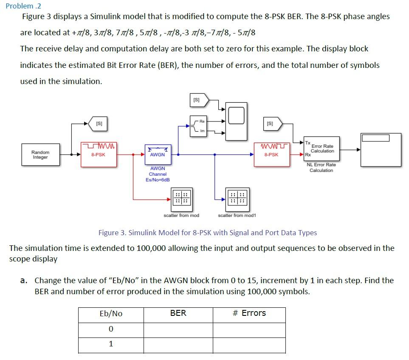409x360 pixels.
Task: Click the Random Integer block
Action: (x=40, y=155)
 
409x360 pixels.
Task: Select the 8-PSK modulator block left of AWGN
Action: (x=99, y=155)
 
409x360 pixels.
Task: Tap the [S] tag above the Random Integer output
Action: (x=98, y=124)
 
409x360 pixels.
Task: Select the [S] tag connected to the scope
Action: (x=197, y=100)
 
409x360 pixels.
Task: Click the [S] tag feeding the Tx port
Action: (x=271, y=124)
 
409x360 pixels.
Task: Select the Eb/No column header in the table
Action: (x=110, y=314)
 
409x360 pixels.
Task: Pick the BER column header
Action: (x=178, y=313)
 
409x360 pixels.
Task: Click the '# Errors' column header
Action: (x=249, y=313)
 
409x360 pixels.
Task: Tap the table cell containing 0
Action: (x=110, y=329)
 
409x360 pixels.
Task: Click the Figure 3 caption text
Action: (x=207, y=233)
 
